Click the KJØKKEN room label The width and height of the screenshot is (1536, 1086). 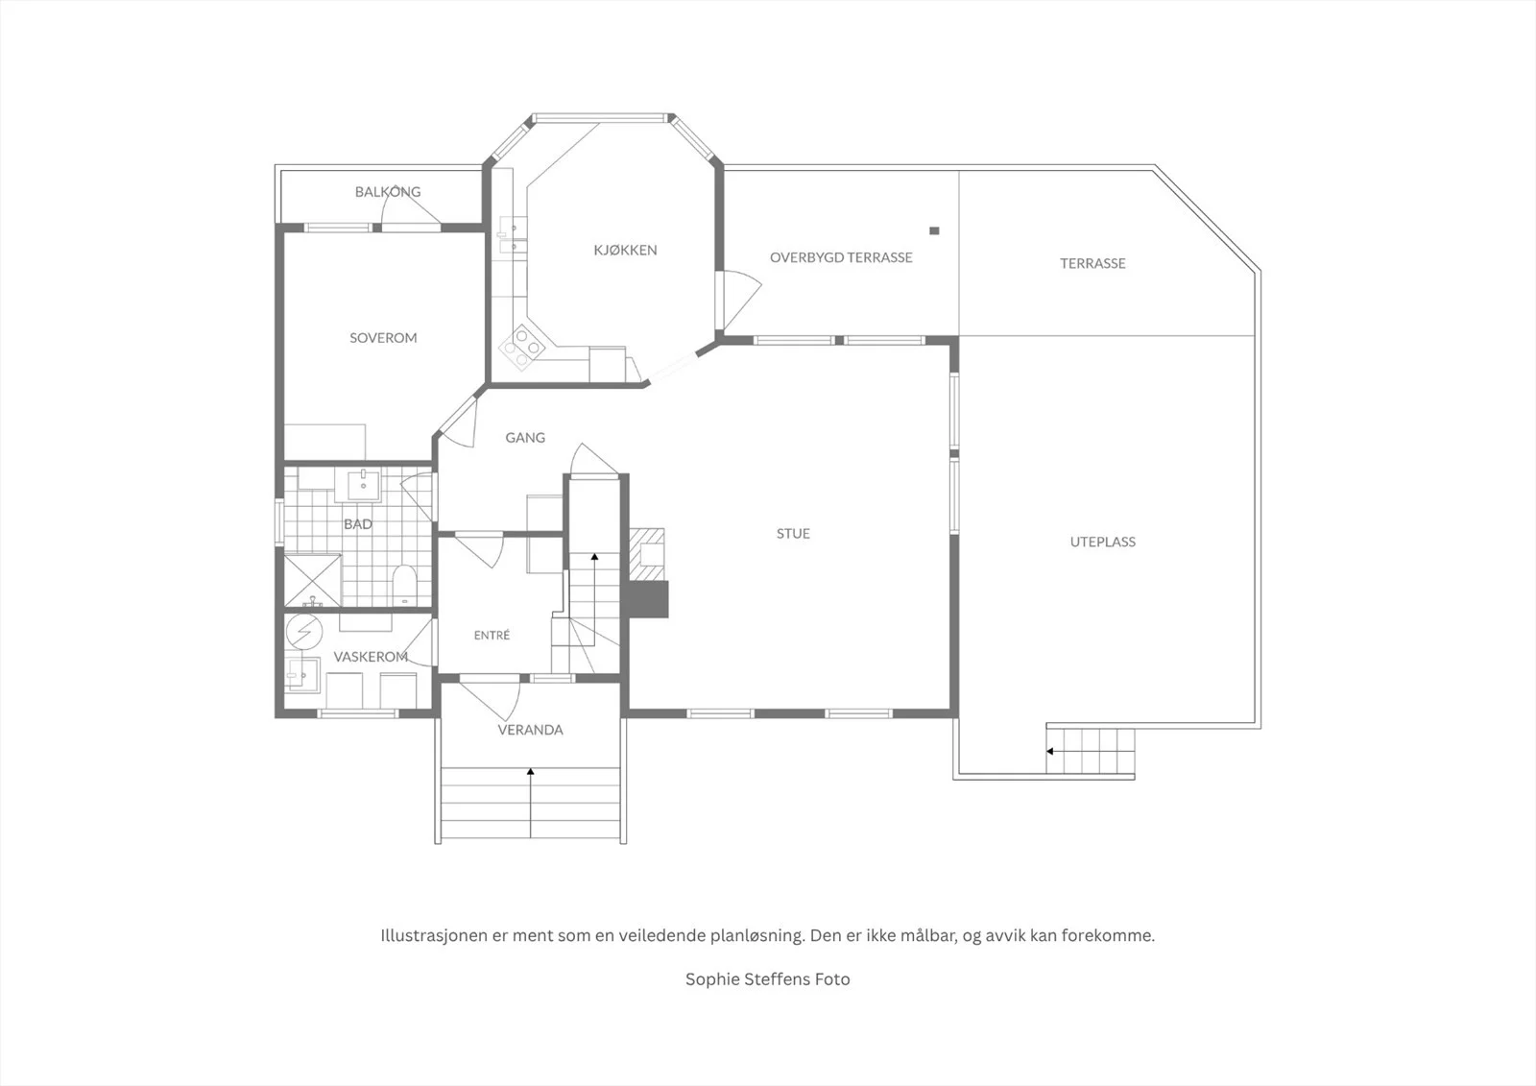point(625,251)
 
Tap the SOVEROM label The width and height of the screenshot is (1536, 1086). point(383,338)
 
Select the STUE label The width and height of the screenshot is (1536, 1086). point(793,533)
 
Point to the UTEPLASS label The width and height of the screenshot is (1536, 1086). point(1103,542)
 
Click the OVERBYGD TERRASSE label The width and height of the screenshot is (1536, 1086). point(841,257)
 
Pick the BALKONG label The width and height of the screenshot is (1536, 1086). point(388,191)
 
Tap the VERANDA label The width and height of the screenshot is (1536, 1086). point(530,730)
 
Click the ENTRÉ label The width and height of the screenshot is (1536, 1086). point(492,636)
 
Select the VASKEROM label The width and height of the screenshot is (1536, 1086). point(371,657)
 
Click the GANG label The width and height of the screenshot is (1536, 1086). point(525,438)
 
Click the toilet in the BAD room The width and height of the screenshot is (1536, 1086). point(404,585)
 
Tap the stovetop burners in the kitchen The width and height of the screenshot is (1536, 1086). point(522,348)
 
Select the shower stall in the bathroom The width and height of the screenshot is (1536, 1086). point(313,581)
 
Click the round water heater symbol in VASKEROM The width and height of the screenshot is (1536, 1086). point(304,631)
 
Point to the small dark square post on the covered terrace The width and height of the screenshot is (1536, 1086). point(934,230)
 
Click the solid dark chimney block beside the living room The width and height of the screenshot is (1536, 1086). point(648,599)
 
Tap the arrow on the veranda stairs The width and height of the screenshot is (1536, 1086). point(530,803)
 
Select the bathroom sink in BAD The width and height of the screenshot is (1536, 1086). point(363,486)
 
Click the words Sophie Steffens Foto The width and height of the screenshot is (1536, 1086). point(768,979)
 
